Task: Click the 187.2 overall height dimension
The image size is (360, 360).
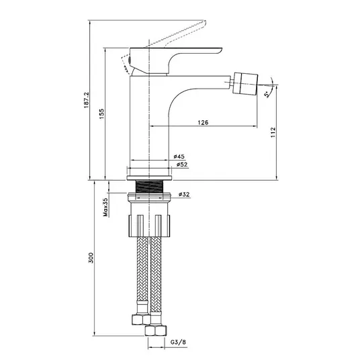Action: [x=86, y=100]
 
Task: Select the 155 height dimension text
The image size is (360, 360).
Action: [x=101, y=114]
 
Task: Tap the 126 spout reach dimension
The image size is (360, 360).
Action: [x=203, y=123]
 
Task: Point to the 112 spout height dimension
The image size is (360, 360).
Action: [x=273, y=132]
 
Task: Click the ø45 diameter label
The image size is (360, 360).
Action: [x=179, y=156]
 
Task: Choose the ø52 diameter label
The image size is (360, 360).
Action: [x=182, y=165]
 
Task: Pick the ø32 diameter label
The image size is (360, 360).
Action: [x=184, y=195]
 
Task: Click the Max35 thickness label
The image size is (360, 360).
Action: [x=105, y=208]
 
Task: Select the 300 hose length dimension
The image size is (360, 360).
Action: [x=91, y=258]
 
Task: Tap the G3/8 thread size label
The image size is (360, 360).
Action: [x=178, y=342]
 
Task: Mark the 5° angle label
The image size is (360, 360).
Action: [x=267, y=94]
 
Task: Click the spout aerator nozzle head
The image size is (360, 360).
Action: [x=245, y=83]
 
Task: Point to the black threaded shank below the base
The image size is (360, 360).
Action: [x=150, y=187]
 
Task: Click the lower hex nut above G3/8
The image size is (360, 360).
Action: [x=156, y=330]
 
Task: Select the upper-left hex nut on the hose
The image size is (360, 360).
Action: [x=141, y=319]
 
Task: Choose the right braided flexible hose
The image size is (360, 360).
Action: [x=156, y=274]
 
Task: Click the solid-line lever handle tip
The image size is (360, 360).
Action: [x=220, y=49]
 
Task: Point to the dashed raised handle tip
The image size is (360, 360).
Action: [x=204, y=23]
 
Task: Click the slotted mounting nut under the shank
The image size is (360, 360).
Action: [x=150, y=226]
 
